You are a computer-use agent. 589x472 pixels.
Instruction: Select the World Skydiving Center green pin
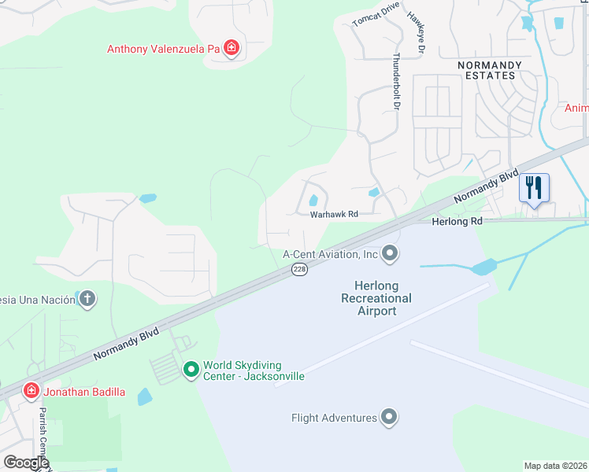191,369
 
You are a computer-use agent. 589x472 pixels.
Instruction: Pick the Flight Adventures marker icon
389,418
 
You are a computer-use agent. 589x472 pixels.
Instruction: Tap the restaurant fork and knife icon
534,188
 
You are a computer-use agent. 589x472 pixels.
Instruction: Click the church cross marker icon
87,298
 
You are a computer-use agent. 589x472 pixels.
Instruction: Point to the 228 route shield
299,270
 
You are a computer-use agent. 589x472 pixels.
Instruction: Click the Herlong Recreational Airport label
376,298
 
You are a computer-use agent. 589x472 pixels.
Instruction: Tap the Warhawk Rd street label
334,214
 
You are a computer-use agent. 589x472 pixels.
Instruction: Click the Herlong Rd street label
457,222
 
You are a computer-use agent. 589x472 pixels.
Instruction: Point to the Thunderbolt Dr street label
398,81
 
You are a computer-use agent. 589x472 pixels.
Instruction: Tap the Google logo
25,462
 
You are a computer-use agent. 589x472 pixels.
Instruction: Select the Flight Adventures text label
334,418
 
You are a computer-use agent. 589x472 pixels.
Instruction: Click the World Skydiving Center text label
254,371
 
